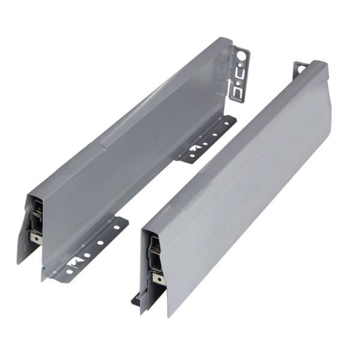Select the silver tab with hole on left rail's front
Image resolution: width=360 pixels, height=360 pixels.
click(37, 238)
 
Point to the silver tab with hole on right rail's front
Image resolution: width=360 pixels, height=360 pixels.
click(157, 278)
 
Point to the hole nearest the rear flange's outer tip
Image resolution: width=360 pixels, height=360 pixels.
click(229, 123)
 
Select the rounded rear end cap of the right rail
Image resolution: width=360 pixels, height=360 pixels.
click(316, 69)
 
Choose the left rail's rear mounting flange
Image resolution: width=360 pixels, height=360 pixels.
click(207, 140)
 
